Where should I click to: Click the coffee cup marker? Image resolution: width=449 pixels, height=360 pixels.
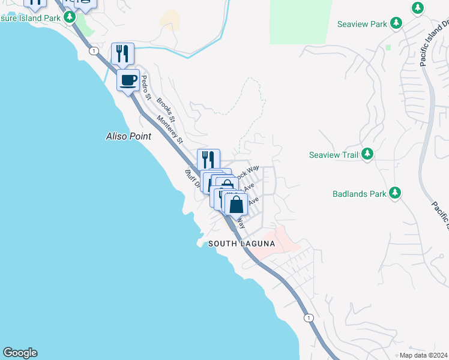click(127, 80)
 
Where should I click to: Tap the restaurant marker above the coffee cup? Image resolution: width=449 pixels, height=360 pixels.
click(122, 54)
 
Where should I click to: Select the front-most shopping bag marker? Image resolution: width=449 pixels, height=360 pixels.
click(237, 204)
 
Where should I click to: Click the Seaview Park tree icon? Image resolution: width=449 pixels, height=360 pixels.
click(396, 23)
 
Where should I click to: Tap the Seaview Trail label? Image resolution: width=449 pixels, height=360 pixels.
click(333, 155)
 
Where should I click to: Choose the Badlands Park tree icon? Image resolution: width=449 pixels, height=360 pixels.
click(395, 193)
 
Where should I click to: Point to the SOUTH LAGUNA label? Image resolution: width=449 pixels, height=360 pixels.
click(241, 244)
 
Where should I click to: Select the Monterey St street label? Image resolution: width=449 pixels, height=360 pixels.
click(170, 128)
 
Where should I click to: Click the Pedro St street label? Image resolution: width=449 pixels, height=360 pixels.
click(145, 86)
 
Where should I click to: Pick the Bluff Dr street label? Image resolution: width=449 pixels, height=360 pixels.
click(191, 179)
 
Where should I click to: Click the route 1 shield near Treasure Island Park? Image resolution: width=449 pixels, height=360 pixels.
click(94, 51)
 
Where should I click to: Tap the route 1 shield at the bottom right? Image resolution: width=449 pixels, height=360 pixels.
click(309, 317)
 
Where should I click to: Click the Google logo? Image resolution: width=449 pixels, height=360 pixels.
click(20, 353)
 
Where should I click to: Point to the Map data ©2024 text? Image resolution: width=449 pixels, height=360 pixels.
click(423, 355)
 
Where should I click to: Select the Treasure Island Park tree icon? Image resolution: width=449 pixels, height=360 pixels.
click(70, 17)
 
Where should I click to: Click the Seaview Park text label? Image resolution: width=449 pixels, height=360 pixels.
click(362, 24)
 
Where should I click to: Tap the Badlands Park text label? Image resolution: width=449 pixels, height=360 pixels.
click(360, 194)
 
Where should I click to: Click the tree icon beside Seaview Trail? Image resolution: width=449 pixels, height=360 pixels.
click(367, 155)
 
